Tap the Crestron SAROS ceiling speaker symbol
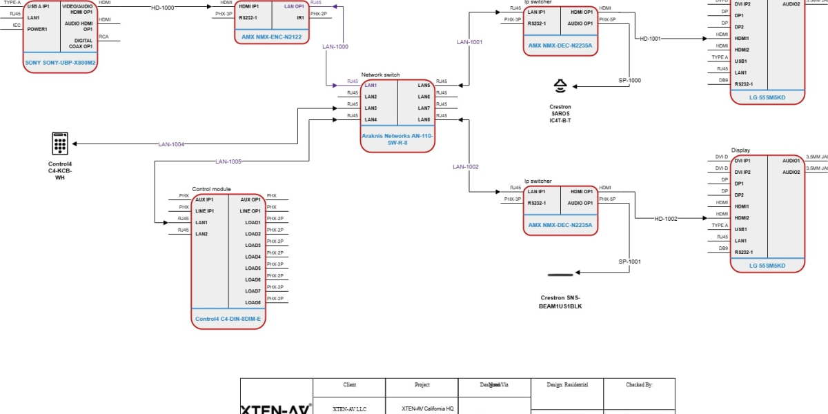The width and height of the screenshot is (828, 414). point(560,86)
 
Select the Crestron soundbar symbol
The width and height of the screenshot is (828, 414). point(560,275)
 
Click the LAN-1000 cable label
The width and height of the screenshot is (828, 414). point(335,47)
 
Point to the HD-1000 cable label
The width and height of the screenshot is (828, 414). point(163,7)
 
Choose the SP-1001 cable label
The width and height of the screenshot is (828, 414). point(629,262)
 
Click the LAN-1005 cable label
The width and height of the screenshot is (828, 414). point(228,161)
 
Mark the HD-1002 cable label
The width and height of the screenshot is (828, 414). point(666,219)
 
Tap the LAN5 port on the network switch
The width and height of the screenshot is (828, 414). point(424,85)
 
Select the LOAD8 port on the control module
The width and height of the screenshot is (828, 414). point(253,302)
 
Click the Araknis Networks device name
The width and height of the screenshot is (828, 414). point(397,139)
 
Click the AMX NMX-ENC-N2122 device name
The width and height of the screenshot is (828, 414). point(271,37)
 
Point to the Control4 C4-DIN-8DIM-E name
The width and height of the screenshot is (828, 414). point(228,319)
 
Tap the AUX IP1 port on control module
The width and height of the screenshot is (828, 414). point(204,199)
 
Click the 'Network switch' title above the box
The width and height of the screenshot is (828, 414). point(380,75)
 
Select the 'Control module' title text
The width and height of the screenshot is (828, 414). point(211,189)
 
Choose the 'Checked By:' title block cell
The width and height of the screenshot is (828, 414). point(639,385)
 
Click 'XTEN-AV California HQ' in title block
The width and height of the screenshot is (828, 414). point(427,408)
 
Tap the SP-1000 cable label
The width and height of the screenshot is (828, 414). point(629,80)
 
